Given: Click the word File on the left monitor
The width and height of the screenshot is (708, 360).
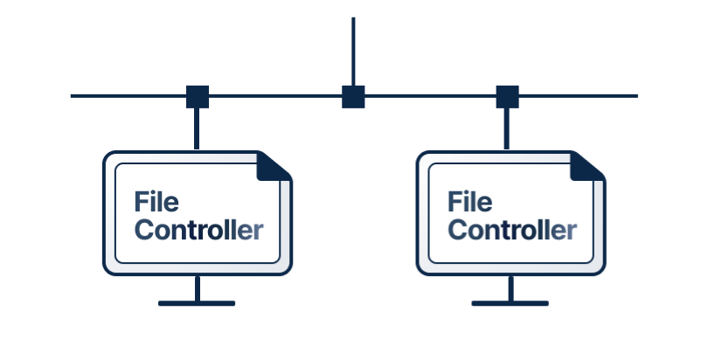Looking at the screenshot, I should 156,202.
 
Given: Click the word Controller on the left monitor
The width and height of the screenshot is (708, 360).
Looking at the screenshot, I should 198,231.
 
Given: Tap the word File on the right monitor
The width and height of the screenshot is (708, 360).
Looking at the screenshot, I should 469,202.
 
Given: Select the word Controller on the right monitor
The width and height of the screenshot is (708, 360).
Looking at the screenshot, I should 511,231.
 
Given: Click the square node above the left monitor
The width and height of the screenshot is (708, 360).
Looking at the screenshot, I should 198,96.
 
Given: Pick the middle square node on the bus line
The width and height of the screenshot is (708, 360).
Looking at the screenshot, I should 353,96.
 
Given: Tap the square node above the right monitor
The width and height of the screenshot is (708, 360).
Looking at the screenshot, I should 507,96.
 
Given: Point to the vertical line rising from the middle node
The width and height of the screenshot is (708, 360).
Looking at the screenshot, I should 353,48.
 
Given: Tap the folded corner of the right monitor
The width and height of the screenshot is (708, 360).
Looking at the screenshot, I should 587,166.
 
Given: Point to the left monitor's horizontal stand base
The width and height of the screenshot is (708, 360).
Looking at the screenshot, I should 197,304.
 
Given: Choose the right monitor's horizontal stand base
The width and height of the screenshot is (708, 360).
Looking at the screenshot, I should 510,304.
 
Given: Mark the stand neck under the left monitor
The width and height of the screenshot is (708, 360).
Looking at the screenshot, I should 197,288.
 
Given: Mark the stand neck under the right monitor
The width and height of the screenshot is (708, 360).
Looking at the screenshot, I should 510,288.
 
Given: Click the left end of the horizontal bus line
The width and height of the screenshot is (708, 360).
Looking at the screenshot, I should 73,95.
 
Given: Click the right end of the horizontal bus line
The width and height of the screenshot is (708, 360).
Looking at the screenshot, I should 635,95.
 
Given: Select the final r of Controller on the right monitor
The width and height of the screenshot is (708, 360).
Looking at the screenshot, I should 571,232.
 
